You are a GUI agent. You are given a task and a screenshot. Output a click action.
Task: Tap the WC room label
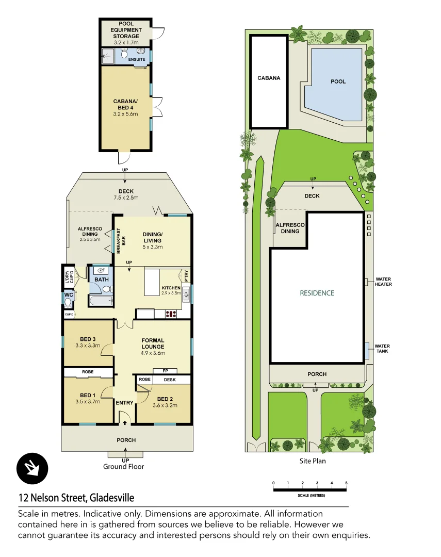click(68, 295)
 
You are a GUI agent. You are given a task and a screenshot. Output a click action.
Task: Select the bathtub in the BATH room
click(101, 302)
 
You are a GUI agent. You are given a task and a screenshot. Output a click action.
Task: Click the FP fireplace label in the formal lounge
click(165, 370)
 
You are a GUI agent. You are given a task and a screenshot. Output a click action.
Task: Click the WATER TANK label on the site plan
click(382, 349)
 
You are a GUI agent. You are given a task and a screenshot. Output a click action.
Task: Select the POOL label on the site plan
click(338, 81)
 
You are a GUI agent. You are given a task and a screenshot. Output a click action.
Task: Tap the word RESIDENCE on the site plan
click(317, 293)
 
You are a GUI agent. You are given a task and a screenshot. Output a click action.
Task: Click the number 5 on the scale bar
click(346, 483)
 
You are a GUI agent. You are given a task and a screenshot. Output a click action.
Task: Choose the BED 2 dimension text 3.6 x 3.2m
click(165, 405)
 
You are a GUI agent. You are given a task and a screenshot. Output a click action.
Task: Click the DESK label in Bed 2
click(169, 380)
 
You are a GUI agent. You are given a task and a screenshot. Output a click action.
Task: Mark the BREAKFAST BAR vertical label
click(121, 240)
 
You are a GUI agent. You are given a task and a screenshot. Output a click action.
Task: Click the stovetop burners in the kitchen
click(172, 313)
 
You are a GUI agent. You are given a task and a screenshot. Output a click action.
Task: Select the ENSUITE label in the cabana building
click(137, 60)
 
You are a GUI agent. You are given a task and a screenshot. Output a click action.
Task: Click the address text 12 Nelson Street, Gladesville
click(76, 498)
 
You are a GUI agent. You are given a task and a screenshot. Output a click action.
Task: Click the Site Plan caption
click(313, 461)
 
